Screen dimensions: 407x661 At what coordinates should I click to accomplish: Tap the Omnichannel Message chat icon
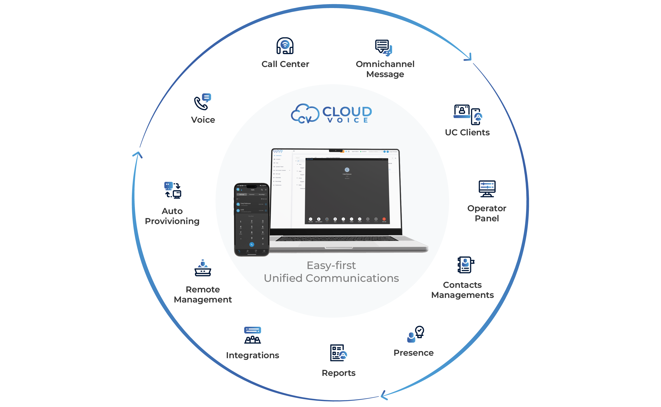point(384,48)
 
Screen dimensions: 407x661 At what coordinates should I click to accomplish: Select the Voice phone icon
point(203,102)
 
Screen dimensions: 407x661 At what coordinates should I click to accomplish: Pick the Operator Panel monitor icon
point(487,189)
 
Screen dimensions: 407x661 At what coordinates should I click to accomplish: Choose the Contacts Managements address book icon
point(466,265)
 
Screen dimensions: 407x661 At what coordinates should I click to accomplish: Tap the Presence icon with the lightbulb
point(416,334)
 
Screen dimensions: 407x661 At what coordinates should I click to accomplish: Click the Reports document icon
point(338,353)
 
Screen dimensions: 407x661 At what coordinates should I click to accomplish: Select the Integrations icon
point(252,335)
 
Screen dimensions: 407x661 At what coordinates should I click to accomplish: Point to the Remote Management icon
point(203,268)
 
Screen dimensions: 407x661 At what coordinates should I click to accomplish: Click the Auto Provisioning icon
point(173,190)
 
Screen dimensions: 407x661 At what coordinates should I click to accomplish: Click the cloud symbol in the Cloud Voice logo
point(305,114)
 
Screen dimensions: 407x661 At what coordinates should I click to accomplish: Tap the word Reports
point(339,373)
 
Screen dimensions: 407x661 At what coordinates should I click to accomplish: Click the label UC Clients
point(467,133)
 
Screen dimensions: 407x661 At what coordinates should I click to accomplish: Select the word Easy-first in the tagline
point(331,266)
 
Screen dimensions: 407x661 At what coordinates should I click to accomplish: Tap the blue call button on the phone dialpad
point(252,244)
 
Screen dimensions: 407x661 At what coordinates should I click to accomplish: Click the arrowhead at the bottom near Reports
point(384,395)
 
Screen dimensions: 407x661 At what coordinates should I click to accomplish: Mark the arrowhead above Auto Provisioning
point(138,155)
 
